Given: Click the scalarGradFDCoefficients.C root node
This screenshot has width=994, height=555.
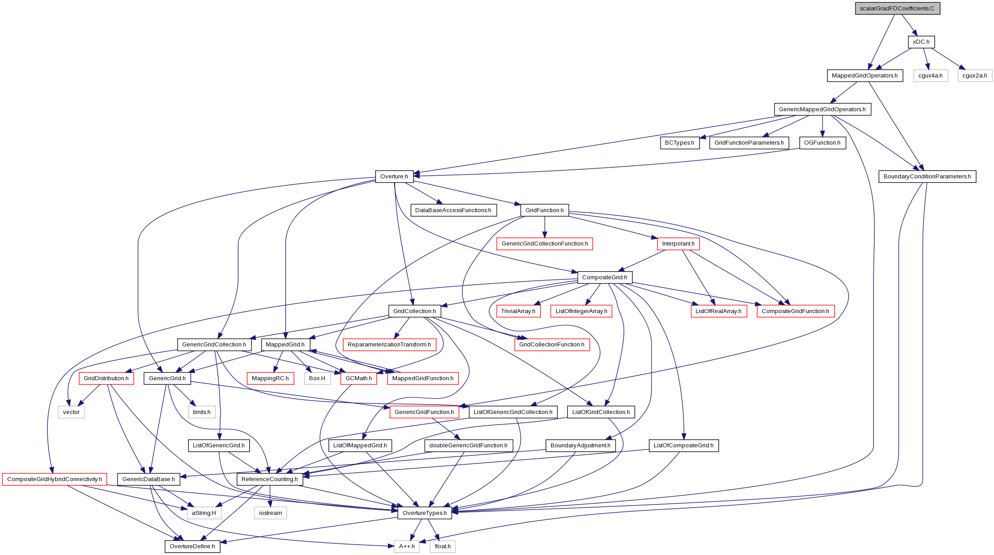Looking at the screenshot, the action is (x=898, y=9).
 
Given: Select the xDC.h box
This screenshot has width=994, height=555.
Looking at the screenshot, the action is (x=921, y=42).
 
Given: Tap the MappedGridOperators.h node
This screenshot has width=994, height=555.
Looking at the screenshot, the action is (x=864, y=76).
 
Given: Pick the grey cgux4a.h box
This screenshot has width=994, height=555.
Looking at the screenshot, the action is (x=930, y=76).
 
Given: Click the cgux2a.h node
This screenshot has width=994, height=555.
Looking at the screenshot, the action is (x=975, y=76).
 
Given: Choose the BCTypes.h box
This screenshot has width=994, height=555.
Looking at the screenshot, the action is (x=679, y=143).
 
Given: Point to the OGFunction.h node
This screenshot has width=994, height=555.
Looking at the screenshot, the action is (x=822, y=143).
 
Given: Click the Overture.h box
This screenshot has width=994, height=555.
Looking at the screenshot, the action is (x=394, y=177).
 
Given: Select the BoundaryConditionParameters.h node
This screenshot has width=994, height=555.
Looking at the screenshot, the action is (x=927, y=177).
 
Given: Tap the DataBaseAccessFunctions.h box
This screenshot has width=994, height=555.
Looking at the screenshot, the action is (x=453, y=210).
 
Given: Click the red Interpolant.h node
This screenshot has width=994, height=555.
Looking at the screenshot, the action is (x=678, y=244).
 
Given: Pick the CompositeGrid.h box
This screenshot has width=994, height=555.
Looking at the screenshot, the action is (x=604, y=277).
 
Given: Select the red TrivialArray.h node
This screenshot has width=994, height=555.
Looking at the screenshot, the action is (x=518, y=311).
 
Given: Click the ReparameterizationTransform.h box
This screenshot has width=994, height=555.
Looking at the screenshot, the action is (x=389, y=345).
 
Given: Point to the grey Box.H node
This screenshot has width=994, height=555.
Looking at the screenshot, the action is (x=317, y=378).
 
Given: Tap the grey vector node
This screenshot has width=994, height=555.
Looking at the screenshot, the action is (x=71, y=412).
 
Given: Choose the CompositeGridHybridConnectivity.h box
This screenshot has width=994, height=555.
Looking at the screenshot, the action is (x=54, y=479).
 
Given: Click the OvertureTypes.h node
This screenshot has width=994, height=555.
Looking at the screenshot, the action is (x=424, y=513).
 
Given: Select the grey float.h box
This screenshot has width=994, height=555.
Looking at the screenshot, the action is (x=443, y=546).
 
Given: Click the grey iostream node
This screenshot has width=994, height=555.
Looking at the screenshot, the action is (x=270, y=513).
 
